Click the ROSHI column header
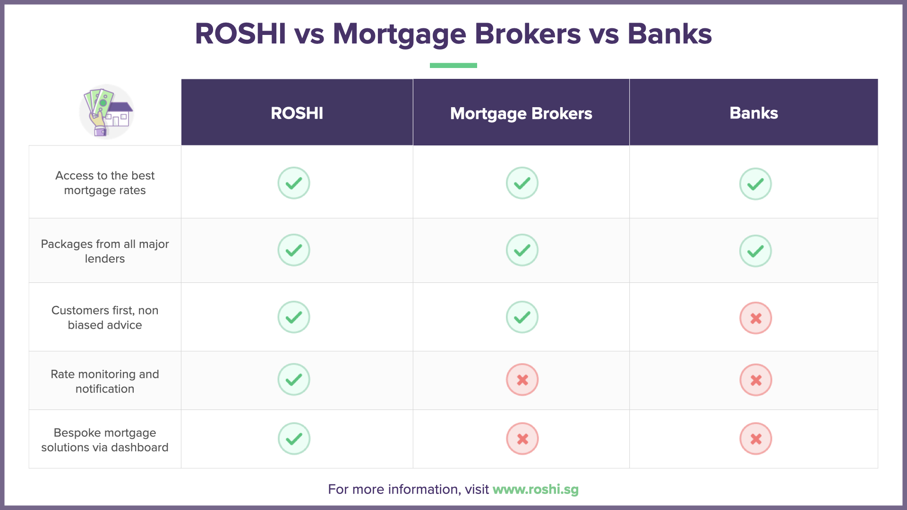(x=297, y=113)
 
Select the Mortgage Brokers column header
(x=521, y=113)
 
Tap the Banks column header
(x=753, y=113)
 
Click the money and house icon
(x=106, y=112)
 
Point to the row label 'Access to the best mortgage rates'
(x=105, y=183)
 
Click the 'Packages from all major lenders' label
(x=105, y=251)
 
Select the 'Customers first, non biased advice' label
(x=105, y=317)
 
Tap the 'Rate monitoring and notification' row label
(x=105, y=381)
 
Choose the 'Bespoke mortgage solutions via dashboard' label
(x=105, y=440)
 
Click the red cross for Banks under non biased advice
(x=755, y=318)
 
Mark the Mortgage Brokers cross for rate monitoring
(x=522, y=380)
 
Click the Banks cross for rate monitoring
(x=755, y=380)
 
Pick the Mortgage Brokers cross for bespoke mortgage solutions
(x=522, y=439)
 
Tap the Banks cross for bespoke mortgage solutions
(x=755, y=439)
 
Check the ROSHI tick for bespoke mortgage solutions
(x=294, y=439)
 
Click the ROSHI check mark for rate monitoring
(x=294, y=379)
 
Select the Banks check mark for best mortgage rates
(x=755, y=184)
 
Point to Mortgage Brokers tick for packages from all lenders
(x=522, y=250)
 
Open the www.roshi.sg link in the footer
(x=535, y=489)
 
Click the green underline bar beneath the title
(x=453, y=65)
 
